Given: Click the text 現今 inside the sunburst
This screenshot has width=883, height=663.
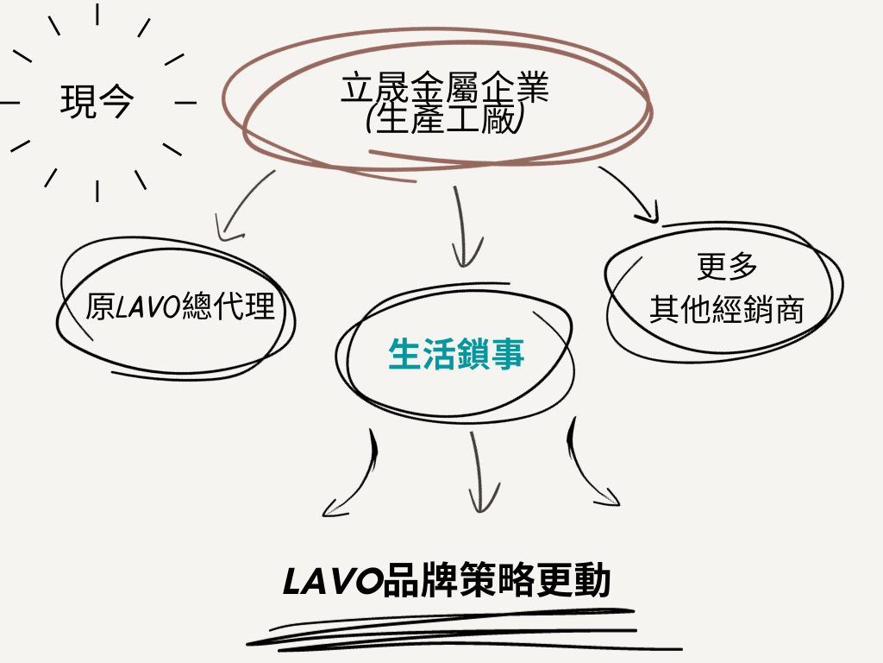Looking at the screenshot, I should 97,102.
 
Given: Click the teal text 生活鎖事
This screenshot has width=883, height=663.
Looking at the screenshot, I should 456,354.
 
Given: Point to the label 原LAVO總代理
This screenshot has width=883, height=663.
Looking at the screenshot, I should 180,306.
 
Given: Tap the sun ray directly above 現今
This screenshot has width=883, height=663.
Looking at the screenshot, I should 97,15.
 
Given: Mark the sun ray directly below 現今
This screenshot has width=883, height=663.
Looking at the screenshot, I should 97,190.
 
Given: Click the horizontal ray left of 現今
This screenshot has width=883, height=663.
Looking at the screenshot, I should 11,103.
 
